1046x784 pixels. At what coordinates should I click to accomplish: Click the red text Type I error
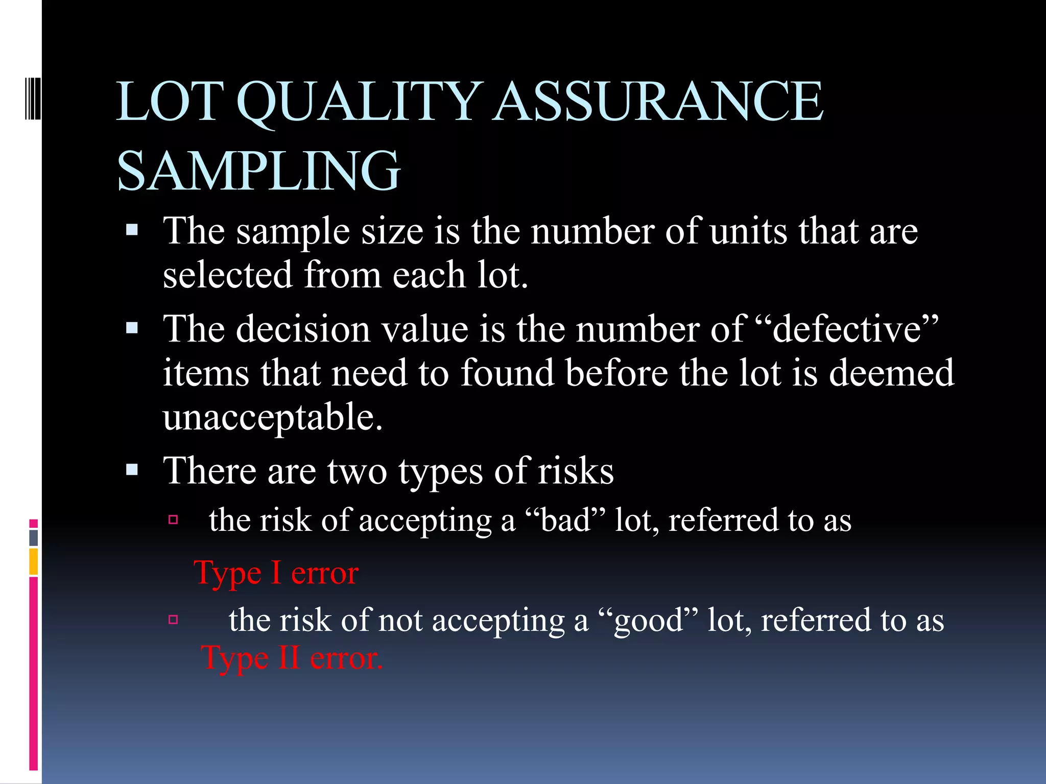click(276, 573)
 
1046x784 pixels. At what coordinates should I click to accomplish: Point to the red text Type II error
click(292, 658)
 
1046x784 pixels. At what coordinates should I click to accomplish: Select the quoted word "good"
click(648, 621)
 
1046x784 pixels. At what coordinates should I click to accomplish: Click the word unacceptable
click(273, 416)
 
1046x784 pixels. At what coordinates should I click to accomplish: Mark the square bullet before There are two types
click(132, 470)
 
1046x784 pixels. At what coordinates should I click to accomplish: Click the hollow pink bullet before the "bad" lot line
click(173, 520)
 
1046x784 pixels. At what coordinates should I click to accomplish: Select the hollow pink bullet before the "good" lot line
click(173, 620)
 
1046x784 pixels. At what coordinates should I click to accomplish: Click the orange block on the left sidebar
click(34, 561)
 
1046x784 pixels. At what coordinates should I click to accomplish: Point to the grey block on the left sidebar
click(34, 537)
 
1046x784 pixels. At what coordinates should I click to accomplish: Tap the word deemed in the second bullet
click(891, 373)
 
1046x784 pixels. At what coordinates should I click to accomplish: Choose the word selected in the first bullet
click(227, 275)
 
